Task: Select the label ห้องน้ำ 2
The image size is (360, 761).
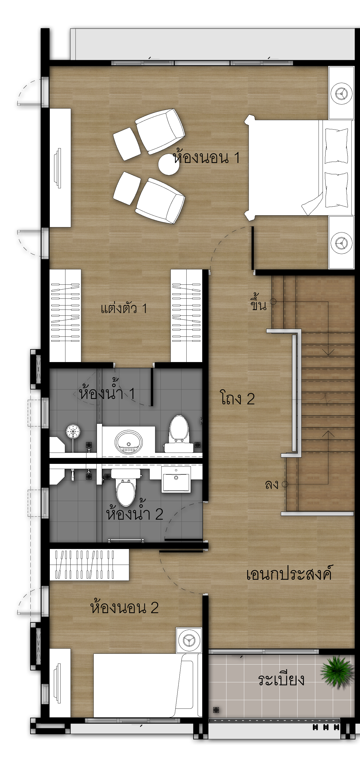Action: click(x=135, y=513)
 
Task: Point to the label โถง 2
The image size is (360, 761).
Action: click(x=237, y=398)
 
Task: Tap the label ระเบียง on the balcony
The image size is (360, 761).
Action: click(x=281, y=680)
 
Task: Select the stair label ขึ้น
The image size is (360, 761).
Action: click(x=258, y=302)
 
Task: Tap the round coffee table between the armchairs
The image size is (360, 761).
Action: click(x=169, y=165)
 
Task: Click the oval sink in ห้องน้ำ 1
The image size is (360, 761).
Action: click(x=128, y=442)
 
